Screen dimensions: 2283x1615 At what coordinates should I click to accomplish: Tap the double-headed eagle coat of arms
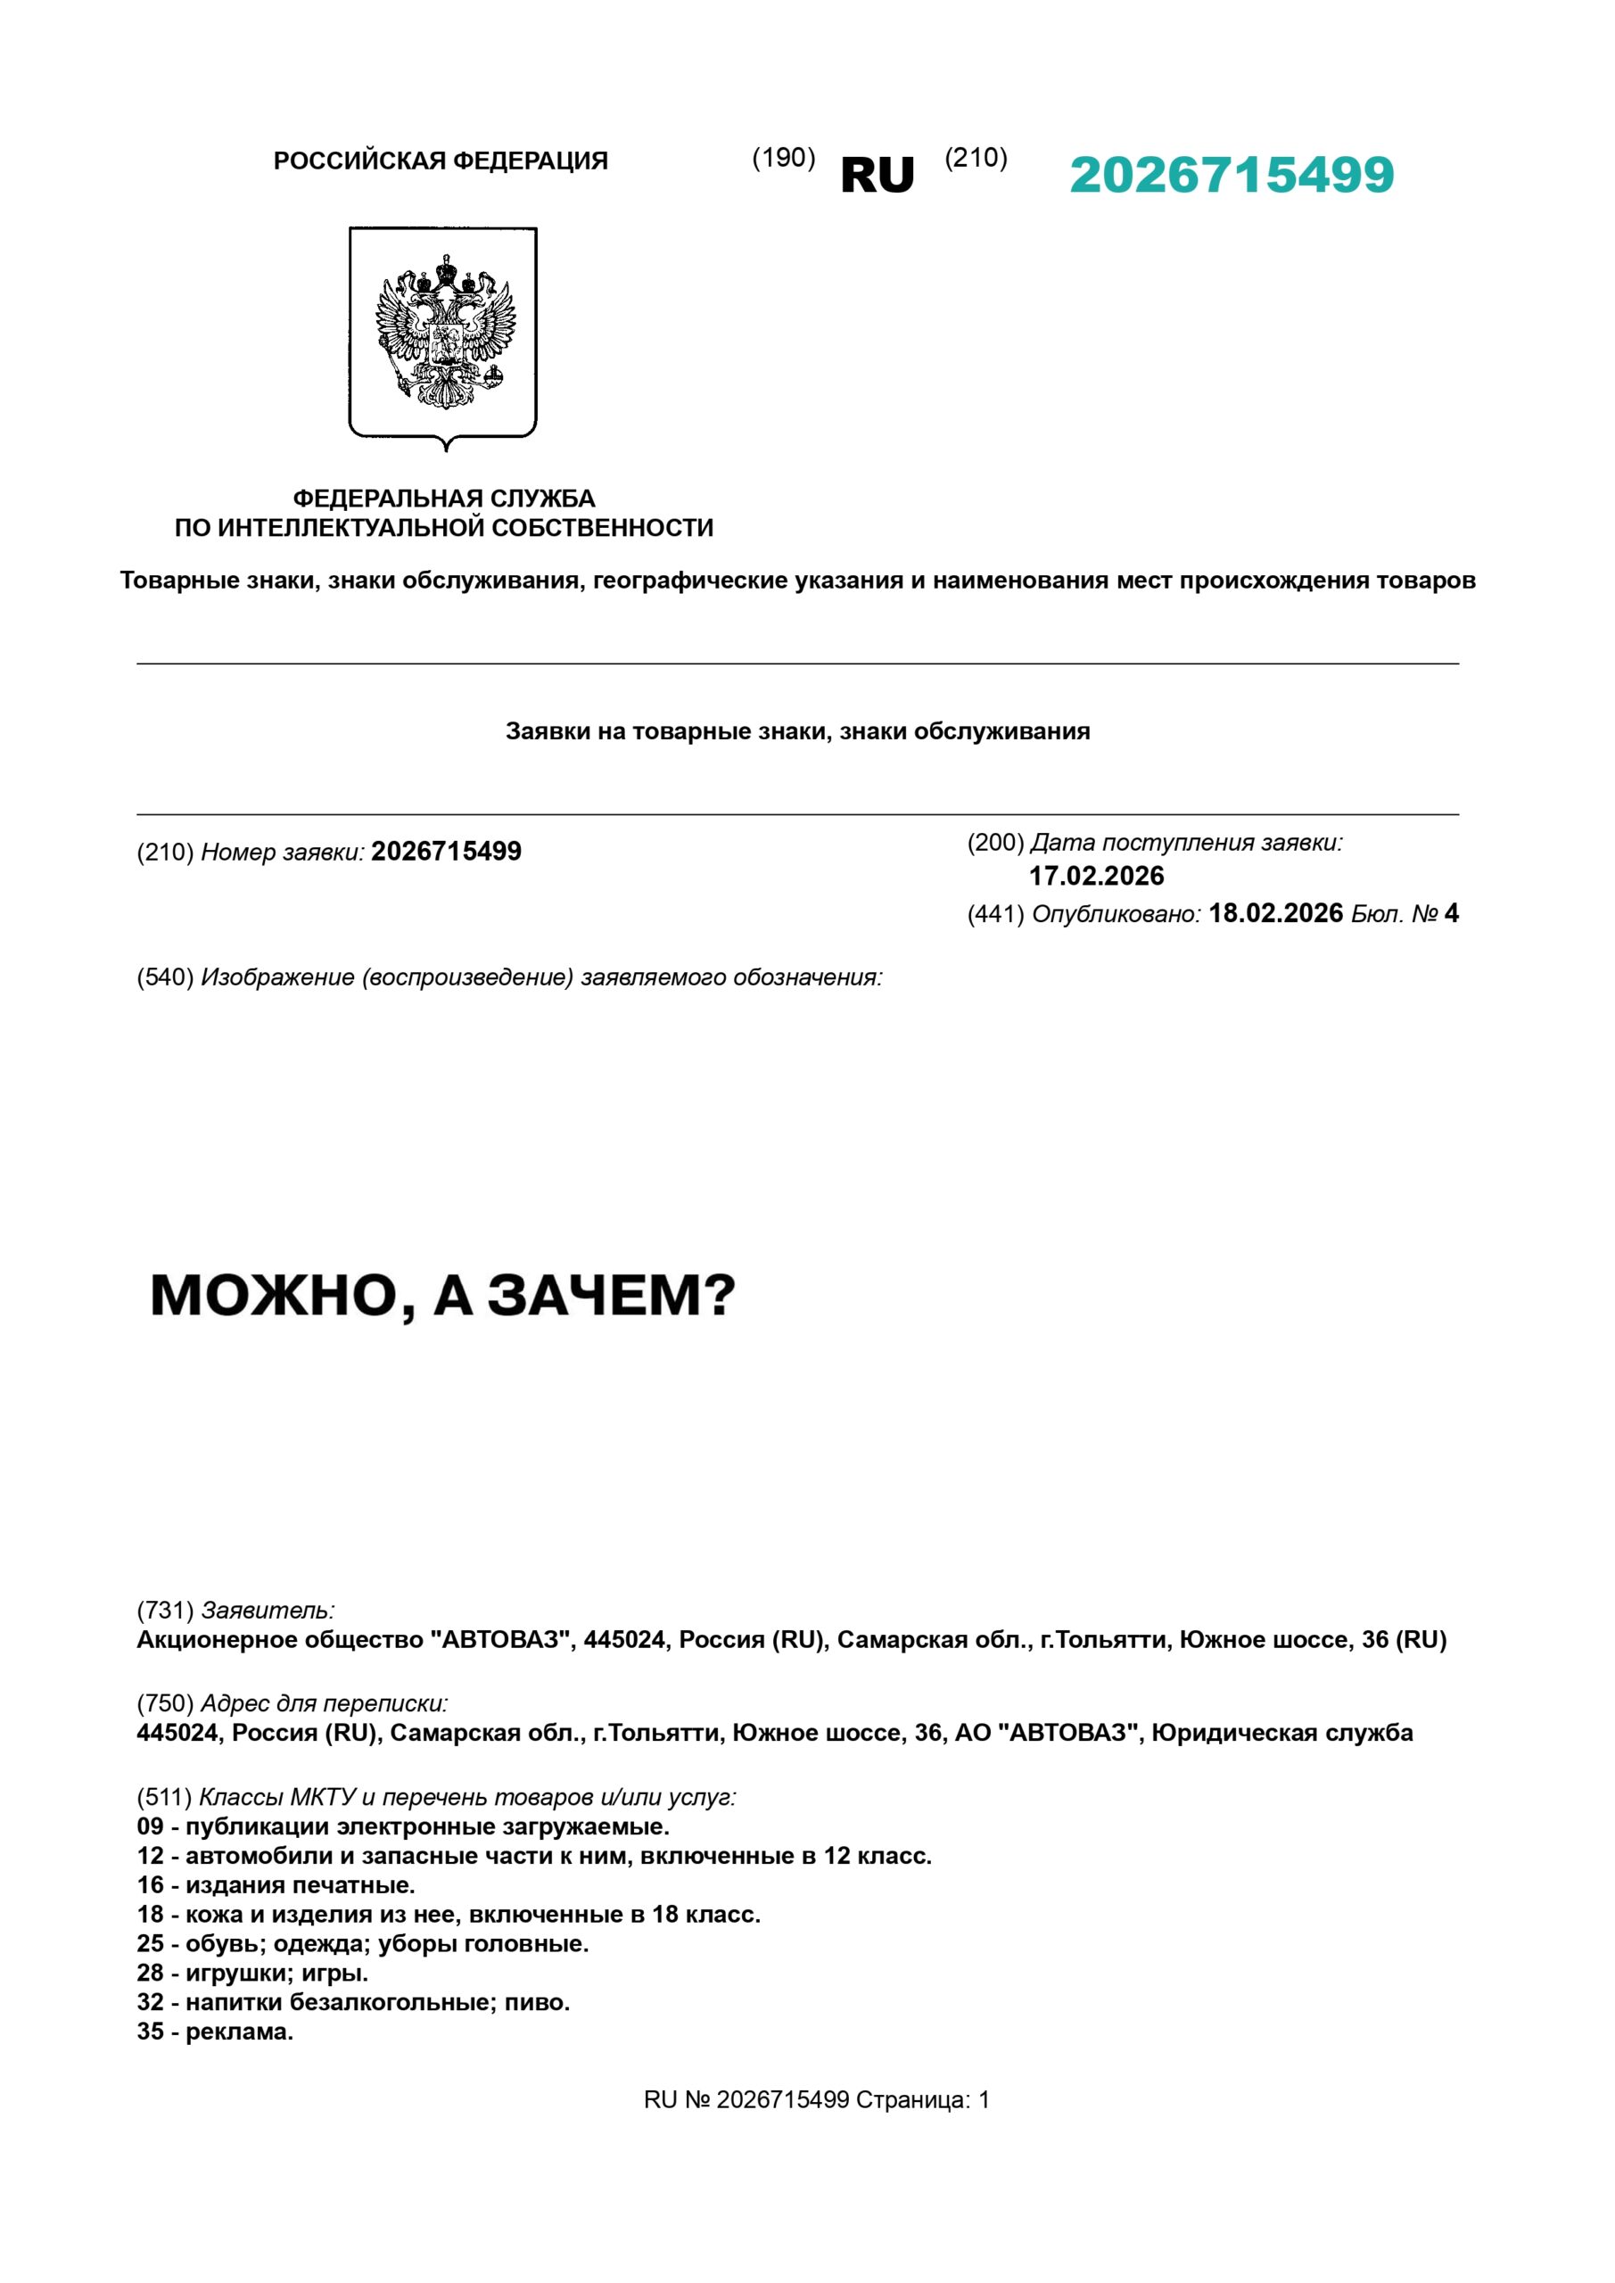click(x=443, y=332)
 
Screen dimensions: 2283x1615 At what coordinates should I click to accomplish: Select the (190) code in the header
click(x=783, y=158)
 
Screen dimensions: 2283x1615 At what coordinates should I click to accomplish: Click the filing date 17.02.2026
click(x=1096, y=876)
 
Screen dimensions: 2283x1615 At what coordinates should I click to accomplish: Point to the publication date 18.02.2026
click(x=1275, y=914)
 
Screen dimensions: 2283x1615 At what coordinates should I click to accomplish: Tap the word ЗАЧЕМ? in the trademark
click(x=610, y=1297)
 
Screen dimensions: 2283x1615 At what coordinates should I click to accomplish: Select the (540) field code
click(x=165, y=977)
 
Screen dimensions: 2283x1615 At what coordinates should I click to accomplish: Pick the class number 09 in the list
click(x=150, y=1827)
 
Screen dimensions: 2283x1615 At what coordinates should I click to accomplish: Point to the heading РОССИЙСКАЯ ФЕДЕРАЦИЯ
click(x=441, y=161)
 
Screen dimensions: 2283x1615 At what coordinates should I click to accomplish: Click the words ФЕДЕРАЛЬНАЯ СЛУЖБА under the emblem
click(x=443, y=499)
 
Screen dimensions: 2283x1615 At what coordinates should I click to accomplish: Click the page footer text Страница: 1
click(x=922, y=2101)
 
